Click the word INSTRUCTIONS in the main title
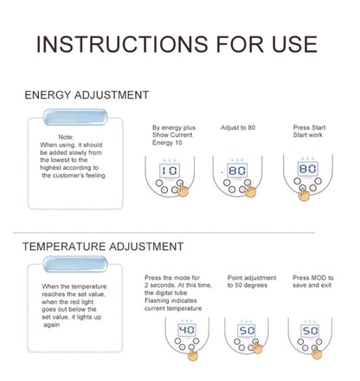tap(122, 44)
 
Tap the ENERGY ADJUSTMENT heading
tap(87, 95)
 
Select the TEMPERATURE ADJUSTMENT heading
tap(103, 247)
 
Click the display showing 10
tap(170, 171)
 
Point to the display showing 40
tap(187, 330)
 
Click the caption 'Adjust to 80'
tap(238, 127)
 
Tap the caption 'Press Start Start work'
tap(309, 131)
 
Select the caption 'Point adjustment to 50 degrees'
tap(252, 281)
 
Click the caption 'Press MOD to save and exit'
tap(313, 281)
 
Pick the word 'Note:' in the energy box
tap(66, 137)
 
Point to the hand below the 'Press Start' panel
tap(304, 194)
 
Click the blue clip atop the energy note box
tap(75, 117)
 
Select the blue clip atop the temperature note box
tap(75, 264)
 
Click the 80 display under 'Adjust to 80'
tap(237, 171)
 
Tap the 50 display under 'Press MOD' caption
tap(310, 331)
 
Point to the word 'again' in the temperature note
tap(52, 325)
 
